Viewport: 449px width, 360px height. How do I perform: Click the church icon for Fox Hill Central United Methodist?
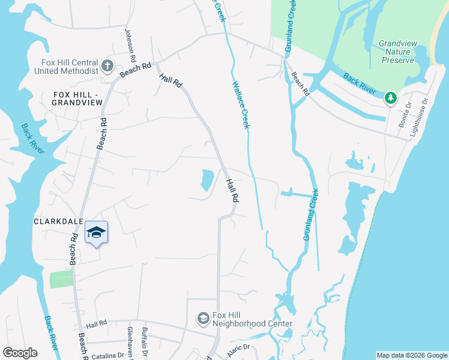click(107, 66)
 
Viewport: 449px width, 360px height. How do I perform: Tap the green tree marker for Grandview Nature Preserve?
click(391, 97)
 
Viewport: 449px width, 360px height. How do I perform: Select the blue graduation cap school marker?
click(96, 233)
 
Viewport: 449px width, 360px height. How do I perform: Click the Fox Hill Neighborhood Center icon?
click(203, 317)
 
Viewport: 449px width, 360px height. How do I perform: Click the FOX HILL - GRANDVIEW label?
click(78, 99)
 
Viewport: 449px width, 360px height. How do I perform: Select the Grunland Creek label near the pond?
click(310, 215)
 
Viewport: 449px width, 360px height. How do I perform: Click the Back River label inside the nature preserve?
click(359, 83)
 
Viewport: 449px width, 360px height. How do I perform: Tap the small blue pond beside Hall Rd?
click(206, 179)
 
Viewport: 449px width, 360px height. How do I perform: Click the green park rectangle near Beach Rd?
click(60, 279)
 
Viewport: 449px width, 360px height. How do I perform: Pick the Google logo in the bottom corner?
click(20, 353)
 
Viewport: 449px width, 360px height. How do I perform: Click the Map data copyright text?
click(412, 355)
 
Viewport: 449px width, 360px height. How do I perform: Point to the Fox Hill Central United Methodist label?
click(70, 67)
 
